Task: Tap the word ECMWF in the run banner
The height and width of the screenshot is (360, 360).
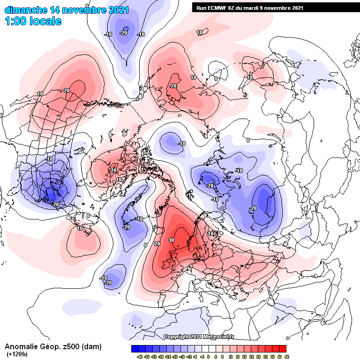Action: point(216,7)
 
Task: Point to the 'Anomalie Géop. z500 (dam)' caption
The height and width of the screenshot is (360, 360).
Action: point(53,347)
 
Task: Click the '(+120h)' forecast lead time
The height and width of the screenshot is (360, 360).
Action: point(16,354)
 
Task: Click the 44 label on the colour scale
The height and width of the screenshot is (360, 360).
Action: point(286,356)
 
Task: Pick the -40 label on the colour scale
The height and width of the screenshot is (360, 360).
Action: point(140,356)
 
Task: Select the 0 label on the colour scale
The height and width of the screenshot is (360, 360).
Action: point(209,356)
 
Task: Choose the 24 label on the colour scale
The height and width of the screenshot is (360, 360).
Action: point(252,356)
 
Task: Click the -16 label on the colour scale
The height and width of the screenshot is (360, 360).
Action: point(181,356)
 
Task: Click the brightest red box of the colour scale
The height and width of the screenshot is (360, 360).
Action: point(282,349)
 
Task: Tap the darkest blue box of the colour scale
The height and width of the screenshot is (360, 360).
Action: point(135,349)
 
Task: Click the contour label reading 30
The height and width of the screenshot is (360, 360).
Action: point(172,240)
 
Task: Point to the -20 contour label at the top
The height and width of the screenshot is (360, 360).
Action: point(124,33)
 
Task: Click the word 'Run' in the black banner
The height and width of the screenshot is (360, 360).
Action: point(201,7)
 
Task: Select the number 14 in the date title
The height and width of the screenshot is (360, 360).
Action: point(54,10)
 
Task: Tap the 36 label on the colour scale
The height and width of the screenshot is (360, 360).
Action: point(273,356)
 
